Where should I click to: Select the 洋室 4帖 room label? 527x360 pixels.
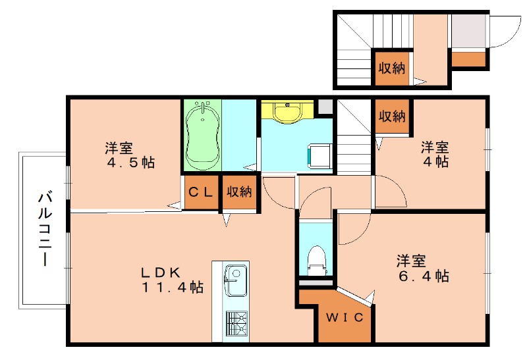(x=435, y=153)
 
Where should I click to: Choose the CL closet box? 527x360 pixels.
(x=201, y=192)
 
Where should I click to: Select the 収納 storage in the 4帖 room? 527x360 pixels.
(x=391, y=116)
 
